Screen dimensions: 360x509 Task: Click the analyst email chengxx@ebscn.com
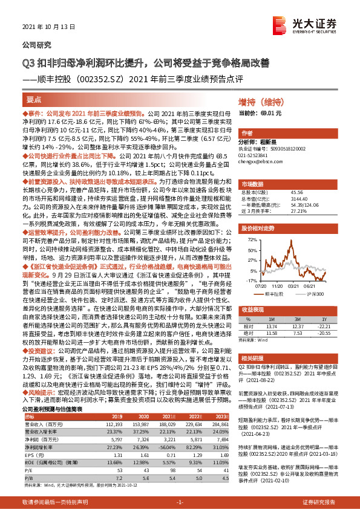[x=261, y=163]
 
